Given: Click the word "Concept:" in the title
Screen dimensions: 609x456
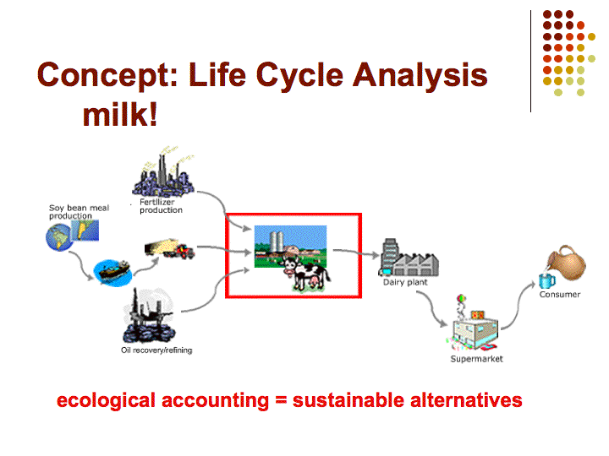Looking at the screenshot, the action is (x=107, y=76).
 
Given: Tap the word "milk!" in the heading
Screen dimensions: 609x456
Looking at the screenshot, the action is (x=120, y=115).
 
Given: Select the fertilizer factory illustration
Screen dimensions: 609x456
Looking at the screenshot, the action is (x=163, y=172).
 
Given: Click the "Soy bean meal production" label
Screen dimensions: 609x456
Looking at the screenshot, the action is (x=79, y=212).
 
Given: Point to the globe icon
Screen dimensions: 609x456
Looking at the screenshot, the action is (x=59, y=237).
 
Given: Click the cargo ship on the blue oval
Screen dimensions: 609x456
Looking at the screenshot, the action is (x=114, y=270).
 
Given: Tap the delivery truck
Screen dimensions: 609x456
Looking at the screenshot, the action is (x=170, y=248).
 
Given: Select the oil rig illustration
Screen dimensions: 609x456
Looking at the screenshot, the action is (x=148, y=314).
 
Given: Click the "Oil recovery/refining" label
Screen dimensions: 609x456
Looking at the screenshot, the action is (x=156, y=350).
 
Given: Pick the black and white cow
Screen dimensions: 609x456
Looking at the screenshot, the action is (x=306, y=274).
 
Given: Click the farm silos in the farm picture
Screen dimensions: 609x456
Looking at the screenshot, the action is (x=277, y=241).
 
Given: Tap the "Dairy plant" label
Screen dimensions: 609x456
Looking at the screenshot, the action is (x=405, y=282).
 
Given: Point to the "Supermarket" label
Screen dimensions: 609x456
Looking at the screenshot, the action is (x=476, y=359).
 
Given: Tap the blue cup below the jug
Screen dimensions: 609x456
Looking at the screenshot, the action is (x=546, y=280).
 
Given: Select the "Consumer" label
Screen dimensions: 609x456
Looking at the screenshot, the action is (x=560, y=295).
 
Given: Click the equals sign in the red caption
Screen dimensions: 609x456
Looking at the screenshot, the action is (x=281, y=400).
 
